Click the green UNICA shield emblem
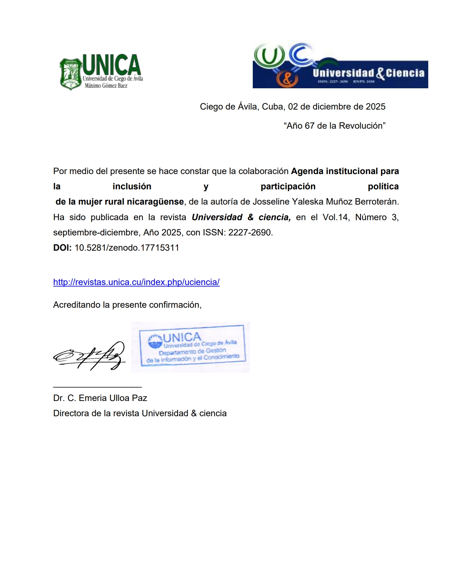[x=71, y=74]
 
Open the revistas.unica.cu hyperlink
[x=136, y=282]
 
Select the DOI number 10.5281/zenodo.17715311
[x=127, y=248]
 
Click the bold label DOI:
[x=62, y=248]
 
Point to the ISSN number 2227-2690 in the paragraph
[x=250, y=233]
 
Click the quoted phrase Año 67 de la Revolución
[x=334, y=126]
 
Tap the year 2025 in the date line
[x=375, y=107]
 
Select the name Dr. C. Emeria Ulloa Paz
[x=100, y=398]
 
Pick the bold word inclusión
[x=132, y=186]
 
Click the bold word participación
[x=288, y=186]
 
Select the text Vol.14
[x=335, y=217]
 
